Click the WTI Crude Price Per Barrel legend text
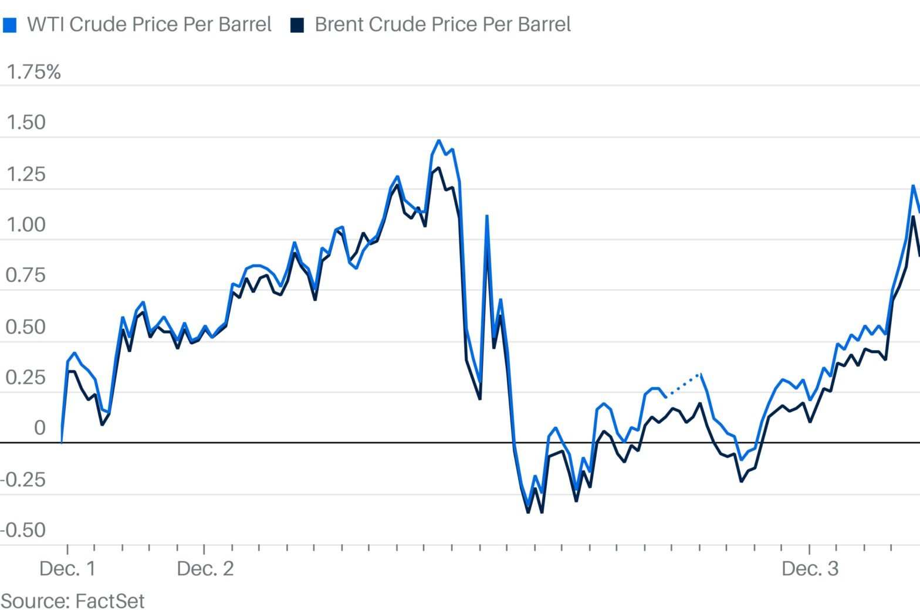149,25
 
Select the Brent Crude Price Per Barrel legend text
442,25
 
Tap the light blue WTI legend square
9,25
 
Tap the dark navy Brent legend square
297,25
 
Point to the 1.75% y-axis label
33,72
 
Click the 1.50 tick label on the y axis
26,123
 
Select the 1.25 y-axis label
26,174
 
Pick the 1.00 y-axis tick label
26,225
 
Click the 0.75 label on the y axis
26,275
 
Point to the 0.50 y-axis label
26,327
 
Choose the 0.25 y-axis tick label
26,377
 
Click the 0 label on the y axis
39,427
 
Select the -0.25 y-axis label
23,479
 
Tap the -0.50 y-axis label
23,530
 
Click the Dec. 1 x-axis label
67,568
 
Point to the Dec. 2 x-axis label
205,568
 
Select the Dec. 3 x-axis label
810,568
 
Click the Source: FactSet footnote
73,600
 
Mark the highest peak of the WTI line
438,141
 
